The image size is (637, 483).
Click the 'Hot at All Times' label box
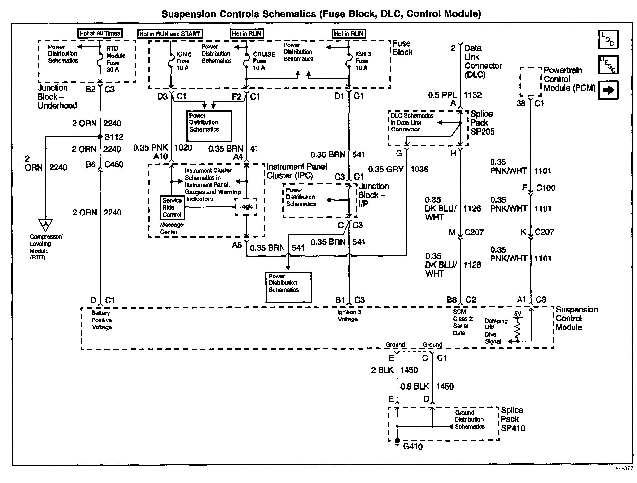[x=100, y=33]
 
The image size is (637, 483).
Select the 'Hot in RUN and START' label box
[x=170, y=34]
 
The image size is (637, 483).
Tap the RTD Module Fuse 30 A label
[x=116, y=59]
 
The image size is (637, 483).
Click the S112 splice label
[x=114, y=137]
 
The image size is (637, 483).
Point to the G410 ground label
[x=413, y=447]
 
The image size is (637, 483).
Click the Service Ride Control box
[x=172, y=207]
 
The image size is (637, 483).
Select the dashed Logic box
[x=246, y=206]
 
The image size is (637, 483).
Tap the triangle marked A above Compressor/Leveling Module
[x=46, y=225]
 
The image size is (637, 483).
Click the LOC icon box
[x=608, y=40]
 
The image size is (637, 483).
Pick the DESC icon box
[x=608, y=65]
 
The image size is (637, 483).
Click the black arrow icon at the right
[x=608, y=91]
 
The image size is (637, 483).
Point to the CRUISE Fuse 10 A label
[x=264, y=61]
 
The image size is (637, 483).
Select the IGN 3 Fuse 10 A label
[x=362, y=61]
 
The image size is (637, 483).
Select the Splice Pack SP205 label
[x=482, y=123]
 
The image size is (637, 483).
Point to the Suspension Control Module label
[x=576, y=318]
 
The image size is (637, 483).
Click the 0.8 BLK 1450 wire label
[x=427, y=386]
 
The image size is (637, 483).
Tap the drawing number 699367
[x=624, y=469]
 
